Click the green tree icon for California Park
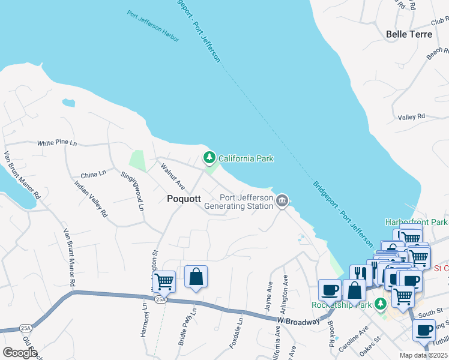pyautogui.click(x=209, y=158)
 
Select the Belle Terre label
pyautogui.click(x=409, y=34)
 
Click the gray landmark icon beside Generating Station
pyautogui.click(x=282, y=200)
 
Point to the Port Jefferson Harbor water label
pyautogui.click(x=153, y=25)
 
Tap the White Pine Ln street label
pyautogui.click(x=57, y=143)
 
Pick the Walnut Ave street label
pyautogui.click(x=172, y=177)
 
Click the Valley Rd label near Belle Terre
pyautogui.click(x=411, y=116)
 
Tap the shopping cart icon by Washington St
pyautogui.click(x=164, y=281)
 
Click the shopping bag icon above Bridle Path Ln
pyautogui.click(x=196, y=277)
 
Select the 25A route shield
pyautogui.click(x=160, y=298)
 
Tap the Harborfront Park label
pyautogui.click(x=417, y=222)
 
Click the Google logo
pyautogui.click(x=20, y=353)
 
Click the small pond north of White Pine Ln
pyautogui.click(x=69, y=103)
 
